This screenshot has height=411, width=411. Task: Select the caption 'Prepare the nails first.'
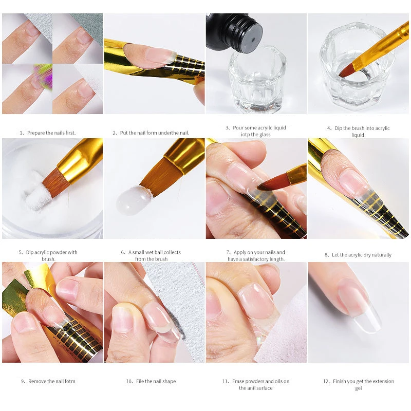point(51,133)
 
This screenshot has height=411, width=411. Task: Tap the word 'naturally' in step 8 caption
point(379,255)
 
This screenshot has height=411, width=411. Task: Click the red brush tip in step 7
point(267,183)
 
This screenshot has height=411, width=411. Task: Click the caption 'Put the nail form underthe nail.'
point(154,133)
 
